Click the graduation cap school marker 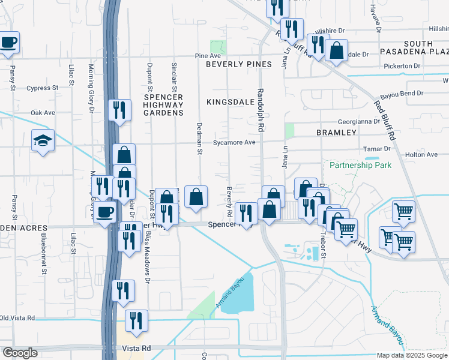[x=43, y=141]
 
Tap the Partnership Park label [x=360, y=164]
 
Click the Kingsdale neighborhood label [x=231, y=102]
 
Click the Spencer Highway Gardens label [x=163, y=105]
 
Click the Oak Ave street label [x=43, y=112]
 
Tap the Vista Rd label [x=134, y=348]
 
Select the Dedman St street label [x=198, y=137]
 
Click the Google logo [x=20, y=353]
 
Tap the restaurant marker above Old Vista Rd [x=123, y=291]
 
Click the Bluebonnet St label [x=44, y=254]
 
